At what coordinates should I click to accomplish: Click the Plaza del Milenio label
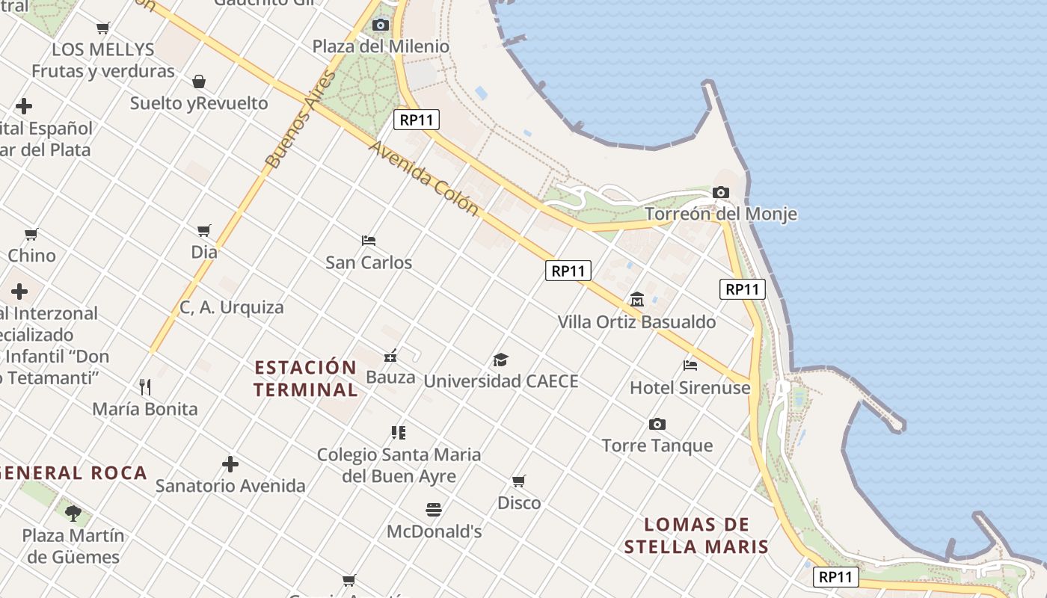pyautogui.click(x=381, y=46)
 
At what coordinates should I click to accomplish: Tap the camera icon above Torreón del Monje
pyautogui.click(x=721, y=192)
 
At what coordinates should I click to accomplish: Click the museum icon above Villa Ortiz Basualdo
pyautogui.click(x=637, y=300)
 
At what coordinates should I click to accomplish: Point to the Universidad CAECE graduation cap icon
pyautogui.click(x=500, y=360)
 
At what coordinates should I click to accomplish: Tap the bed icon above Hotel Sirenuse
pyautogui.click(x=690, y=366)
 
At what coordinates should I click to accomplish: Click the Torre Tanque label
pyautogui.click(x=657, y=446)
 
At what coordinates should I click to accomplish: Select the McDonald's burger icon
pyautogui.click(x=434, y=510)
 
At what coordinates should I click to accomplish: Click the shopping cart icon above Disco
pyautogui.click(x=519, y=481)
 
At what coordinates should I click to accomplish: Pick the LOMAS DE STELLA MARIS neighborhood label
pyautogui.click(x=696, y=535)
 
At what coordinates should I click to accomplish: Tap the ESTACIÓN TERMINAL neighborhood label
pyautogui.click(x=306, y=378)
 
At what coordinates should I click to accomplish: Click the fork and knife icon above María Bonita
pyautogui.click(x=145, y=386)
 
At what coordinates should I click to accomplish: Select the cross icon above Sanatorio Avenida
pyautogui.click(x=230, y=464)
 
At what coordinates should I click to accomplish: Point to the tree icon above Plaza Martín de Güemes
pyautogui.click(x=73, y=513)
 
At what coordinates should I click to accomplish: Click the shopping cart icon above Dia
pyautogui.click(x=204, y=230)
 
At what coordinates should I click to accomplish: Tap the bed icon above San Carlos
pyautogui.click(x=369, y=240)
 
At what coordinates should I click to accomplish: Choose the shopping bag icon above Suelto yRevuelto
pyautogui.click(x=199, y=81)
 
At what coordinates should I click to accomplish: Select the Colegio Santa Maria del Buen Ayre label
pyautogui.click(x=399, y=465)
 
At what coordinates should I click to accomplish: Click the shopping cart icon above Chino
pyautogui.click(x=31, y=234)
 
